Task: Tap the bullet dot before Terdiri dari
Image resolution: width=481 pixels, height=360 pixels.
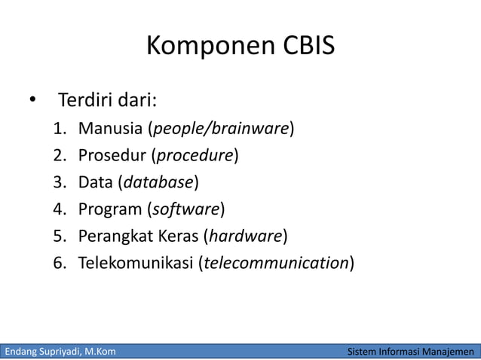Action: click(32, 101)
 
